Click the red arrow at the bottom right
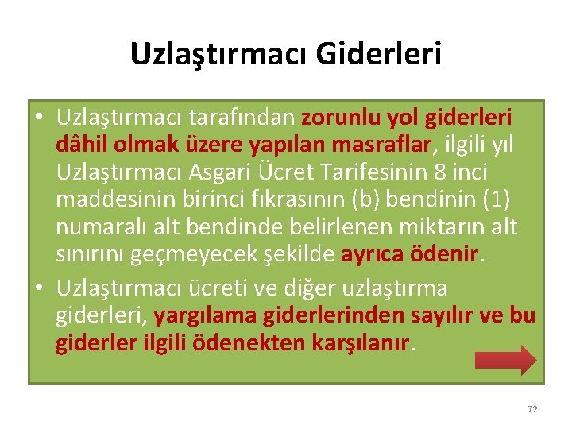pos(505,358)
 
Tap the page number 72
pos(532,409)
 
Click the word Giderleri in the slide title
pos(379,54)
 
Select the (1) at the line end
pos(497,200)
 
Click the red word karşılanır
pos(368,343)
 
